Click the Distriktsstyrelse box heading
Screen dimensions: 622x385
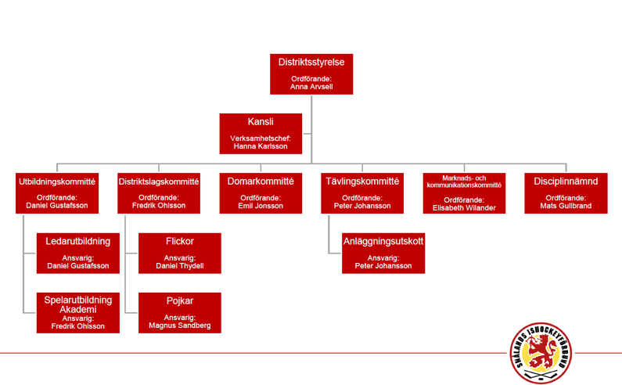[311, 63]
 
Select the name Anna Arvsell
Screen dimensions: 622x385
[311, 87]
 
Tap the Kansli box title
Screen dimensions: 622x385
[261, 121]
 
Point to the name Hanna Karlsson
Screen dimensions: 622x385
[261, 146]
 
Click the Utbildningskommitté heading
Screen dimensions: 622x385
[57, 182]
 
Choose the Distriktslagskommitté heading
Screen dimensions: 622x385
[159, 182]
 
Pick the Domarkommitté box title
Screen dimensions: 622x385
[261, 182]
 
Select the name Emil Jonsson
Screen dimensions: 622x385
[261, 206]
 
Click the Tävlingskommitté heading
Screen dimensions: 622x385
[362, 182]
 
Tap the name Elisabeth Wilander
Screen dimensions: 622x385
[464, 207]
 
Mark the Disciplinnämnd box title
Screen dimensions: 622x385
[566, 182]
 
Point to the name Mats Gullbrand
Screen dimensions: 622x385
[566, 206]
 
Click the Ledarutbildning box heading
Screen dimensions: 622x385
[77, 241]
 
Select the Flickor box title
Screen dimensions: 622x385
[180, 241]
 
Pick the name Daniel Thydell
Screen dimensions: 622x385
[180, 265]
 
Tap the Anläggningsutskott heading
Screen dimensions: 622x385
[383, 241]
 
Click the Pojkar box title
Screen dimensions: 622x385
[180, 300]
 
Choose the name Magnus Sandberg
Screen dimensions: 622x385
[180, 325]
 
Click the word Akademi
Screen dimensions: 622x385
[77, 310]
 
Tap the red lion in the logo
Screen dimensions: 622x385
[540, 351]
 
